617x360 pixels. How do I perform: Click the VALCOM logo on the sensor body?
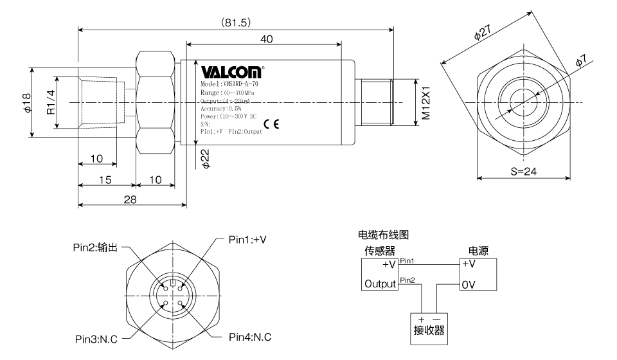click(x=231, y=72)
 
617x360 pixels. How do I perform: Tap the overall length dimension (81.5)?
click(x=235, y=22)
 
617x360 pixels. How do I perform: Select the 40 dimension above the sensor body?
click(x=266, y=39)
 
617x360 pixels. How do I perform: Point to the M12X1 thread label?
click(x=425, y=103)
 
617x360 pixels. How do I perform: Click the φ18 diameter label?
click(x=27, y=103)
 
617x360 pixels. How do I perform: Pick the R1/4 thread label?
click(x=51, y=102)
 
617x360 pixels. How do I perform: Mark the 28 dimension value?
click(x=130, y=199)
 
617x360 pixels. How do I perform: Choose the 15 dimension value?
click(x=105, y=180)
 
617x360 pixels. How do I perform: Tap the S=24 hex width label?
click(x=523, y=171)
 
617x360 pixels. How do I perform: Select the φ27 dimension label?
click(x=483, y=32)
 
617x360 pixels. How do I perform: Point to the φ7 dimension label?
click(x=581, y=61)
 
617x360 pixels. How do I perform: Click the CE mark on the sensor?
click(x=271, y=124)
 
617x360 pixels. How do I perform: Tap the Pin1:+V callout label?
click(x=247, y=240)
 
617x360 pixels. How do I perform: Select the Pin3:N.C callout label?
click(x=96, y=339)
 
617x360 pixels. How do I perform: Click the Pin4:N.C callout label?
click(x=250, y=337)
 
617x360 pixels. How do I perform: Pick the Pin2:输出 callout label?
click(x=95, y=248)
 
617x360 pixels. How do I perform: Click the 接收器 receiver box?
click(x=429, y=329)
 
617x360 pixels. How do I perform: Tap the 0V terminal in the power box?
click(x=469, y=284)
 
